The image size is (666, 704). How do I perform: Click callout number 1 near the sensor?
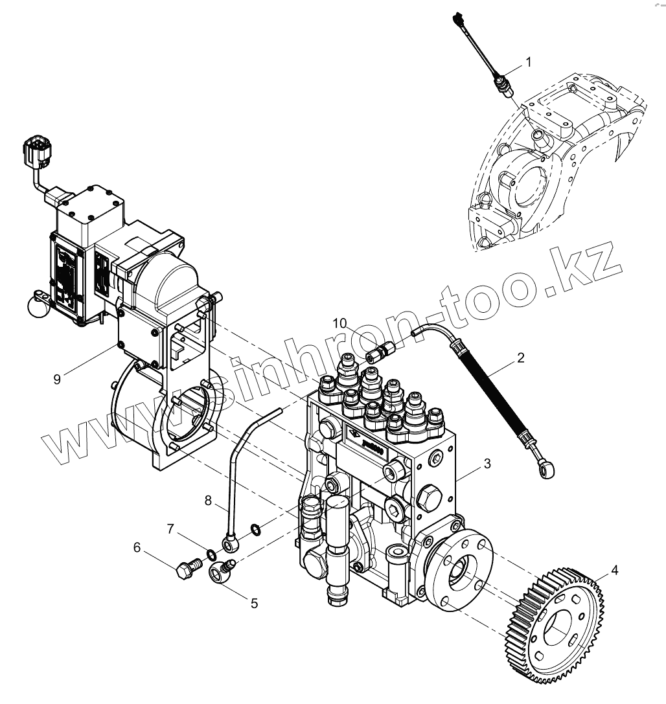tap(528, 62)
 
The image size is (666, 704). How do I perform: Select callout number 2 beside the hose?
tap(520, 357)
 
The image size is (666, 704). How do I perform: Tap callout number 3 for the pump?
tap(487, 464)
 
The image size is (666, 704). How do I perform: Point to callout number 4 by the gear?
tap(614, 571)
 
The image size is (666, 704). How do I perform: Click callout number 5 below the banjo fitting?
tap(254, 603)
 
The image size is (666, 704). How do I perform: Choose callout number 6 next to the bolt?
tap(137, 547)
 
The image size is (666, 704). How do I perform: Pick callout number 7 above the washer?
tap(170, 529)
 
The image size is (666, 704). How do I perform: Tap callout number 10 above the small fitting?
tap(341, 323)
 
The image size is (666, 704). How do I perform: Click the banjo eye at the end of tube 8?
tap(231, 543)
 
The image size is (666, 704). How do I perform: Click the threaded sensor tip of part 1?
tap(504, 88)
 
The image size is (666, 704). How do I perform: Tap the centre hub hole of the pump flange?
tap(458, 572)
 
